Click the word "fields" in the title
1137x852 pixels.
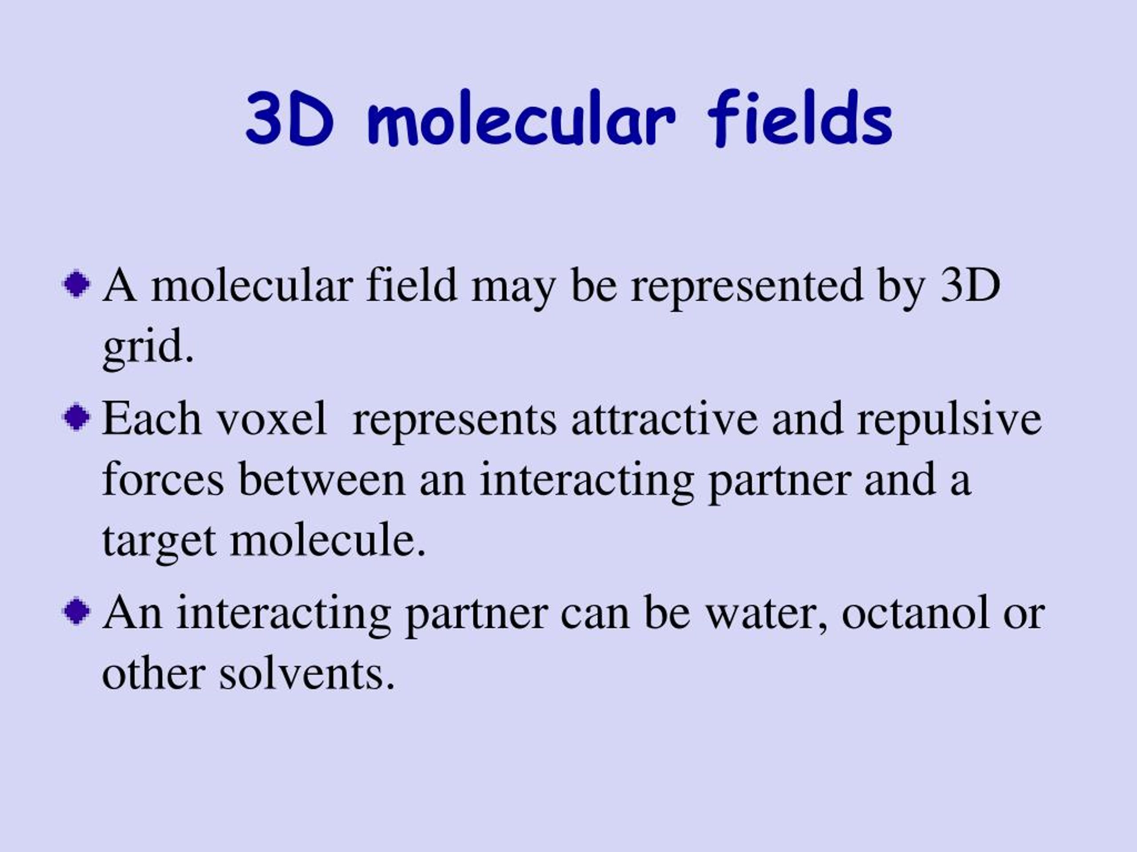tap(800, 118)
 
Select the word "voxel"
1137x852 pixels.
tap(272, 419)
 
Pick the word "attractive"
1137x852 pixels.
tap(664, 419)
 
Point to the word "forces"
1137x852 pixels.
tap(163, 479)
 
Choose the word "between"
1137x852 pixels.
tap(322, 479)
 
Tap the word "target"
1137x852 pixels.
tap(159, 542)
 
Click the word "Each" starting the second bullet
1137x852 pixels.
tap(151, 418)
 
